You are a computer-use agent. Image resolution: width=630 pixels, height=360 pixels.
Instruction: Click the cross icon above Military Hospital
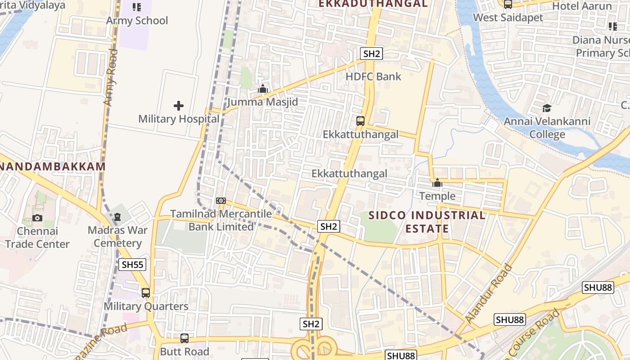pyautogui.click(x=179, y=106)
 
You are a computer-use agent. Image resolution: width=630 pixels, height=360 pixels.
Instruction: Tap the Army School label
pyautogui.click(x=137, y=20)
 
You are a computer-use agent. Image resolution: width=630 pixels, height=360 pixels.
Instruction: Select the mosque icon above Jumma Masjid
pyautogui.click(x=263, y=89)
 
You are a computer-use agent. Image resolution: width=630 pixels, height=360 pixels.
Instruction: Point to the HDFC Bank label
pyautogui.click(x=373, y=76)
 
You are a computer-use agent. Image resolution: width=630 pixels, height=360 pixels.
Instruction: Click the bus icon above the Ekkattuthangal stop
pyautogui.click(x=360, y=121)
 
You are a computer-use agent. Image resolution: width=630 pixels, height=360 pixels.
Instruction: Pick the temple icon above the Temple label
pyautogui.click(x=437, y=183)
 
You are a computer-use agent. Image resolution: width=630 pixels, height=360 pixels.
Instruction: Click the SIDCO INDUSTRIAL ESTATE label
pyautogui.click(x=427, y=222)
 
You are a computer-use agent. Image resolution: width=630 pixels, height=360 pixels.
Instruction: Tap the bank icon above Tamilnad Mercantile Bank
pyautogui.click(x=220, y=201)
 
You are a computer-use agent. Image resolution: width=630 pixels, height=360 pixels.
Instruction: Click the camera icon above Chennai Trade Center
pyautogui.click(x=37, y=218)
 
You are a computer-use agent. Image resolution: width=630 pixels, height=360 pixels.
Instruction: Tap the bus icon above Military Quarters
pyautogui.click(x=146, y=293)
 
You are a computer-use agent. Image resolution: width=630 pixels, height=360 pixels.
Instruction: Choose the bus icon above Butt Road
pyautogui.click(x=184, y=338)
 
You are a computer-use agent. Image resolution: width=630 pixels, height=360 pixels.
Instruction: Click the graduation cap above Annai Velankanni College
pyautogui.click(x=547, y=108)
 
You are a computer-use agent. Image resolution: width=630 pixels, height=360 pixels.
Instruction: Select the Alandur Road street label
pyautogui.click(x=489, y=293)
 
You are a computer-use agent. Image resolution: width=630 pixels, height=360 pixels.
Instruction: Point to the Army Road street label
pyautogui.click(x=111, y=77)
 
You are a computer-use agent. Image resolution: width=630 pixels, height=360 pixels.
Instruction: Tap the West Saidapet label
pyautogui.click(x=508, y=18)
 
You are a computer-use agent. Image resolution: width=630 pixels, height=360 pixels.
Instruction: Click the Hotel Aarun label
pyautogui.click(x=582, y=6)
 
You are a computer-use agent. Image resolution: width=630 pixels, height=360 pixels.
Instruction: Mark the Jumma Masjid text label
pyautogui.click(x=263, y=102)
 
